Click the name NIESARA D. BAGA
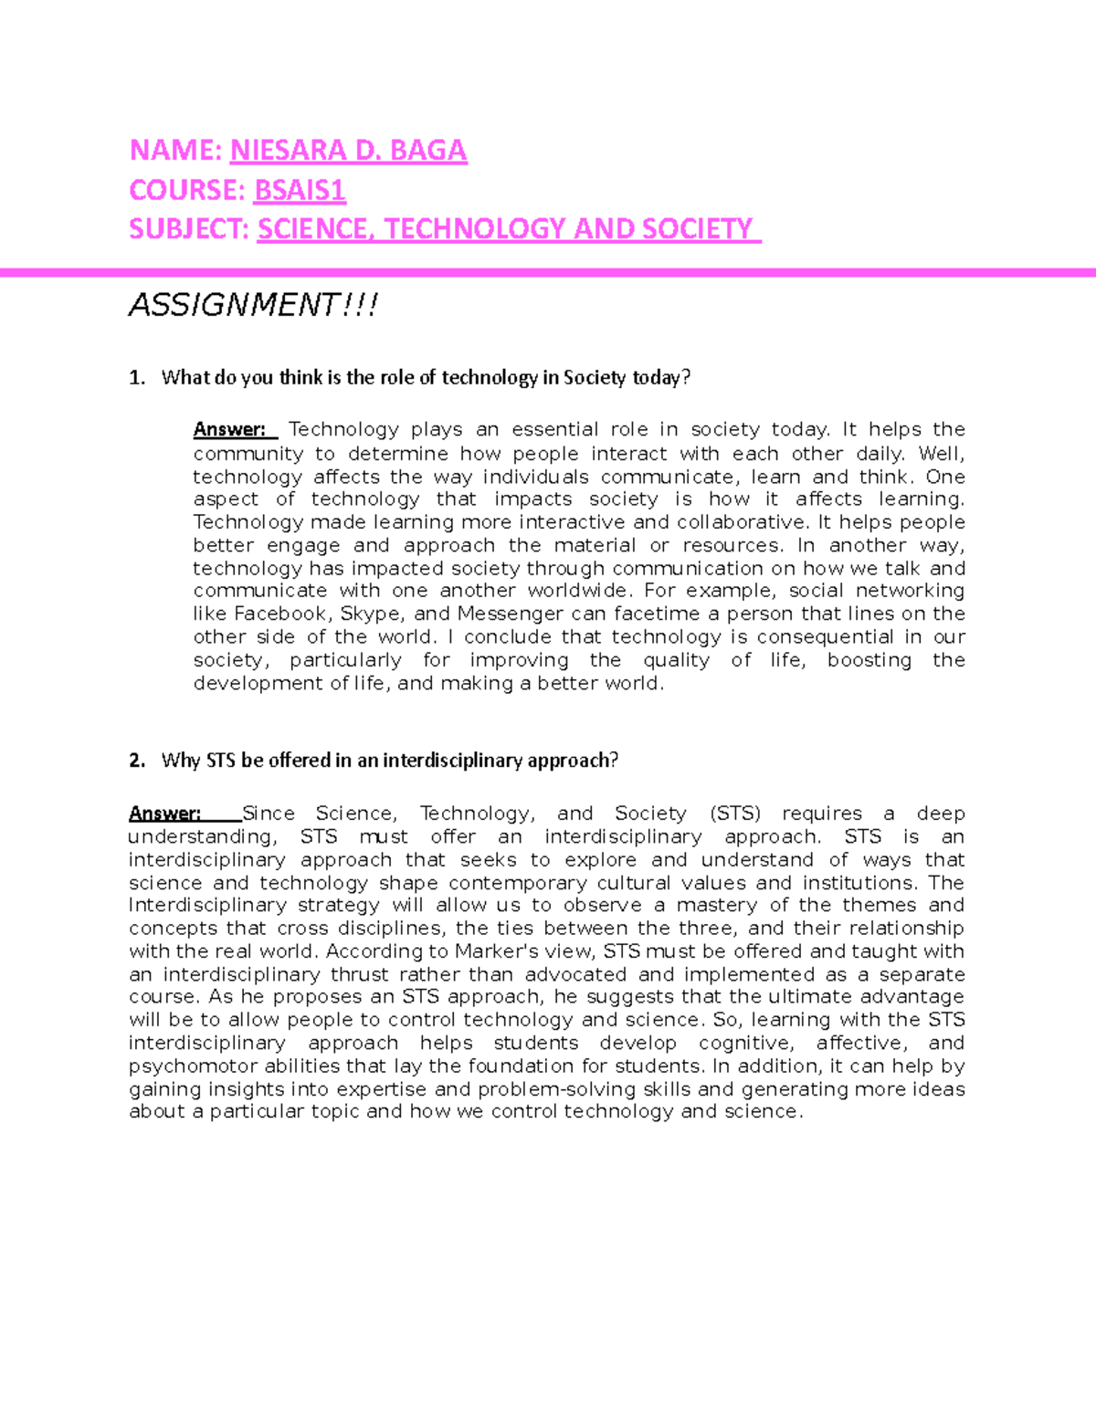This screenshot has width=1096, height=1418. [348, 151]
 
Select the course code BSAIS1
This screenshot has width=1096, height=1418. [300, 190]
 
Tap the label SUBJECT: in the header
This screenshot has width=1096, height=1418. [189, 229]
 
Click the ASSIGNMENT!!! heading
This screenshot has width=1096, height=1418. [253, 304]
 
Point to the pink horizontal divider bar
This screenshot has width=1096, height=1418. [548, 272]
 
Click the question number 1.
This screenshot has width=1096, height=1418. [136, 378]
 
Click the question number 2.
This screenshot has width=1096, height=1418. [136, 761]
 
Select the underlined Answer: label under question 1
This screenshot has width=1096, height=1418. [229, 430]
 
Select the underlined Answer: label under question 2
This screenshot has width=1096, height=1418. [164, 814]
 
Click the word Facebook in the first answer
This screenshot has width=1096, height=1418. [280, 614]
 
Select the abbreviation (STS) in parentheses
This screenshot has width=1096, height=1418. [734, 814]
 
